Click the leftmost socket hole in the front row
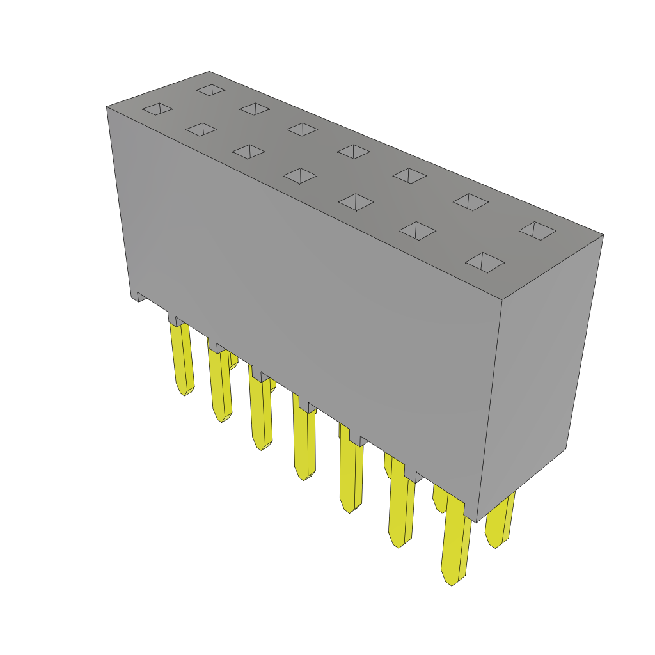(x=157, y=109)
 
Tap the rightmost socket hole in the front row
(x=485, y=262)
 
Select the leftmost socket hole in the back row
(x=210, y=90)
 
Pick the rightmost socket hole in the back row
(x=537, y=230)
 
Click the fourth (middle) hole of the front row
(x=300, y=175)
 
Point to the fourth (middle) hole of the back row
(x=354, y=152)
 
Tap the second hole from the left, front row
(x=201, y=130)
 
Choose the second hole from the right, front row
(x=418, y=231)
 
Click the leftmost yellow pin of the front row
(x=182, y=358)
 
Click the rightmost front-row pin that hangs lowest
(x=455, y=544)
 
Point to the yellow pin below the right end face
(x=499, y=521)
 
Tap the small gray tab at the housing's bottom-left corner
(x=138, y=296)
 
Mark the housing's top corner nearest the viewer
(x=501, y=299)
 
